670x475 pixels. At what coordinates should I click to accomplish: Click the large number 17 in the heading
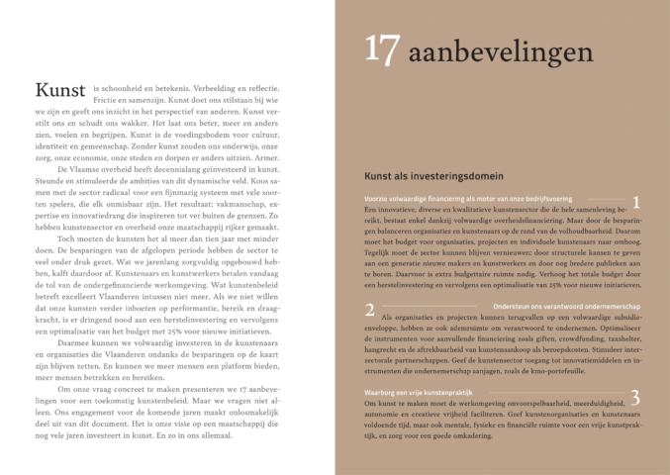(382, 48)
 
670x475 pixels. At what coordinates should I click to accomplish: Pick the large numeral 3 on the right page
(635, 397)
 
